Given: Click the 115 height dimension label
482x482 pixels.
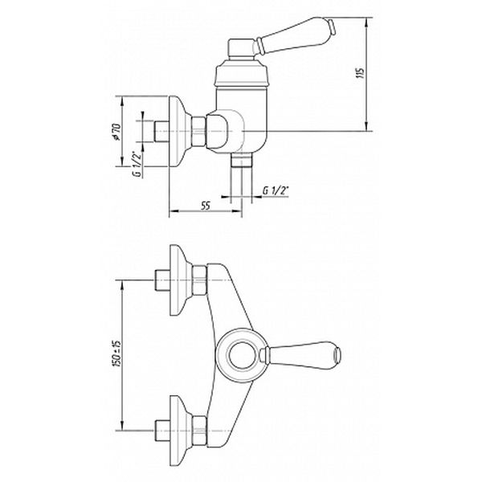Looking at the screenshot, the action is [x=361, y=73].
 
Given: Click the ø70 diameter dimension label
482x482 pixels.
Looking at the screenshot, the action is [x=116, y=132].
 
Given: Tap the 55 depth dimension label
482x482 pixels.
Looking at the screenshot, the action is [x=206, y=206].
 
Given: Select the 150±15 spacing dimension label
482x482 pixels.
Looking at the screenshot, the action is [x=117, y=353].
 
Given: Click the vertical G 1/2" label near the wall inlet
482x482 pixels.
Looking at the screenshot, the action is [x=137, y=164].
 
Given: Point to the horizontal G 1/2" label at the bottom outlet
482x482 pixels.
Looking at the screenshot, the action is [x=276, y=191].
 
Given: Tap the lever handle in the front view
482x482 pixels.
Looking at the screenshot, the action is [x=300, y=354].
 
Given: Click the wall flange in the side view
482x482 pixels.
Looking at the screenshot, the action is [x=180, y=131].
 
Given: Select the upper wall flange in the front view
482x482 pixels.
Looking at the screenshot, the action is [x=181, y=280].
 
